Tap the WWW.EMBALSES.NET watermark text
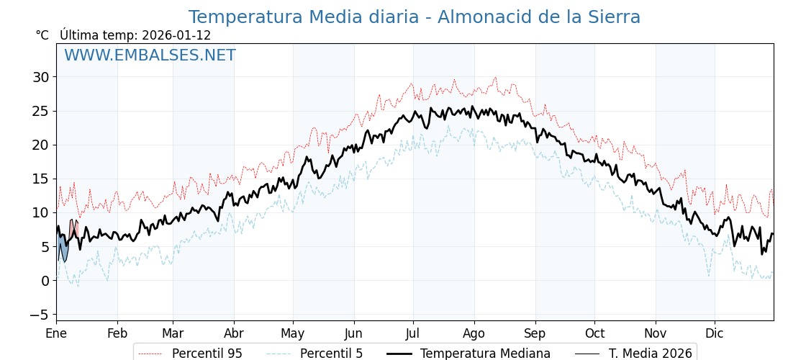pyautogui.click(x=150, y=55)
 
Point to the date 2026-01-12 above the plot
pyautogui.click(x=176, y=35)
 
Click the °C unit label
pyautogui.click(x=42, y=35)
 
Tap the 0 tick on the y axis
pyautogui.click(x=45, y=281)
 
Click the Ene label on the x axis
pyautogui.click(x=56, y=333)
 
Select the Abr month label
pyautogui.click(x=234, y=333)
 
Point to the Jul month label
pyautogui.click(x=413, y=333)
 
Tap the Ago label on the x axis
pyautogui.click(x=474, y=333)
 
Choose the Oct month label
pyautogui.click(x=594, y=333)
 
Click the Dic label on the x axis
pyautogui.click(x=715, y=333)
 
